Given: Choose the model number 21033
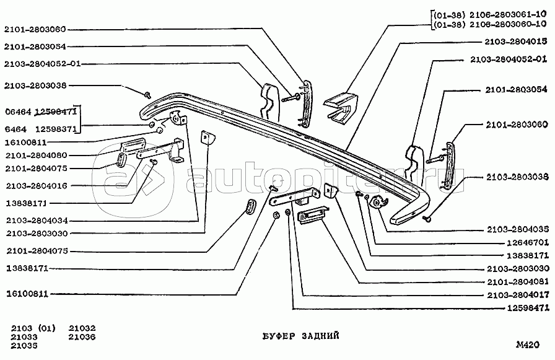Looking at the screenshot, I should pyautogui.click(x=25, y=337).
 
